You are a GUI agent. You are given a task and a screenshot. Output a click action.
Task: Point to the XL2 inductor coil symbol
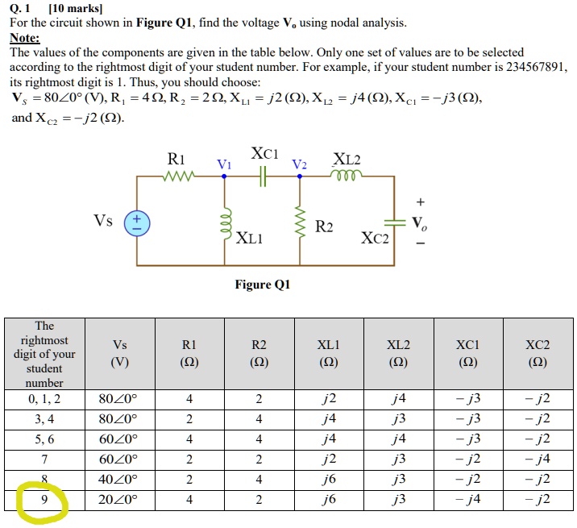[x=347, y=177]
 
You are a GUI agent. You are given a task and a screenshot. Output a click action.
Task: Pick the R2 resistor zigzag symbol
[x=301, y=222]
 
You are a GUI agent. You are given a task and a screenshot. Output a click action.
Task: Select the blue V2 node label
[x=300, y=164]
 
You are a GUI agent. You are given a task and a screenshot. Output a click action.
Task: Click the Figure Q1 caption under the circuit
[x=262, y=285]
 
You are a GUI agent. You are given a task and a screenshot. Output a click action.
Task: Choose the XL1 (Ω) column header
[x=328, y=353]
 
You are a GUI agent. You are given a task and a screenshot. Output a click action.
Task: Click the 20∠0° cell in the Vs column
[x=118, y=500]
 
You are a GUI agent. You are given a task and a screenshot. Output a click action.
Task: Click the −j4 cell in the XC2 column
[x=538, y=459]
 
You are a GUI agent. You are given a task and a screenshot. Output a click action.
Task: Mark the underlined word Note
[x=24, y=37]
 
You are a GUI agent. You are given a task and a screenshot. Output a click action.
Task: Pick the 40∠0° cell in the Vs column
[x=118, y=480]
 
